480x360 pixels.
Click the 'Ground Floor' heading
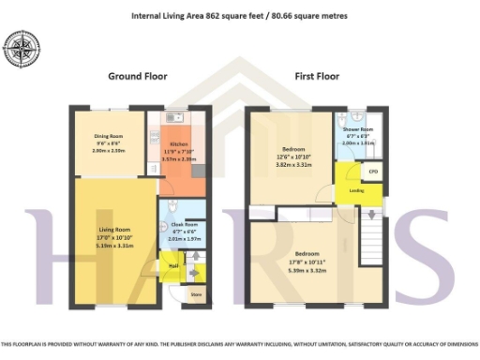tap(137, 76)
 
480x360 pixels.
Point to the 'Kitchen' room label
tap(178, 143)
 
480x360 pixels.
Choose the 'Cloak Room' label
tap(185, 224)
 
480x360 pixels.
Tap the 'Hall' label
tap(173, 265)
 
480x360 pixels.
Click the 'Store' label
tap(196, 295)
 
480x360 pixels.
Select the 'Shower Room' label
tap(357, 128)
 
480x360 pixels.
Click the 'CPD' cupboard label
tap(372, 172)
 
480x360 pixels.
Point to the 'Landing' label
tap(357, 191)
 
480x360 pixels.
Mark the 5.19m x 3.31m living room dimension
tap(112, 246)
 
